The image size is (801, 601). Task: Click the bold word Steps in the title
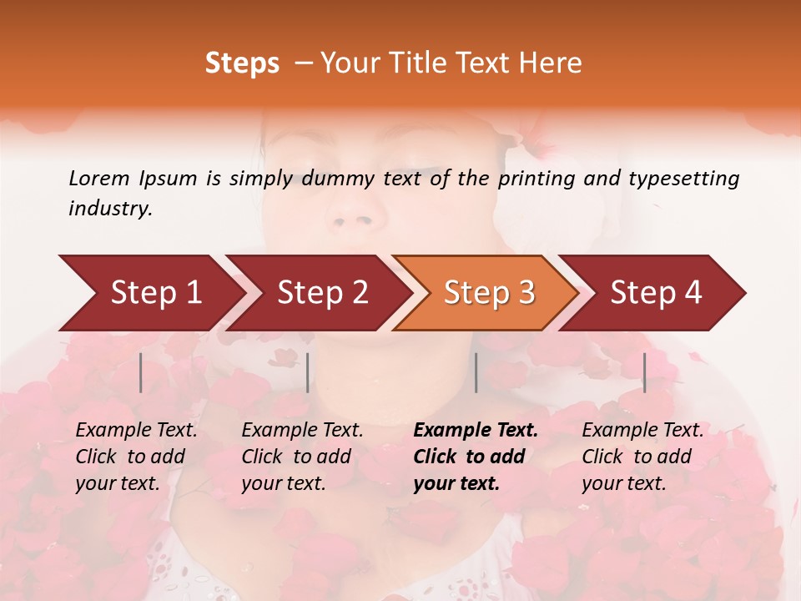tap(242, 63)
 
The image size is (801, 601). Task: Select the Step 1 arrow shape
tap(150, 293)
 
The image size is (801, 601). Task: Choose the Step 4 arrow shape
tap(654, 293)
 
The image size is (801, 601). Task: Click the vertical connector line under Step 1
tap(141, 372)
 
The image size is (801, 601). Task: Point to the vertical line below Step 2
tap(308, 372)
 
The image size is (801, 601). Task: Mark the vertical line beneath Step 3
tap(476, 372)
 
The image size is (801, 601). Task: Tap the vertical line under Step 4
tap(644, 372)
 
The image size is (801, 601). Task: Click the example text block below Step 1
tap(137, 457)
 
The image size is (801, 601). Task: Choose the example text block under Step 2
tap(302, 457)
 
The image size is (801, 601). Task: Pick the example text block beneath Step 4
tap(642, 457)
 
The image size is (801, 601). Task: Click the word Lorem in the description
tap(99, 178)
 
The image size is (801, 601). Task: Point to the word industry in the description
tap(110, 209)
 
